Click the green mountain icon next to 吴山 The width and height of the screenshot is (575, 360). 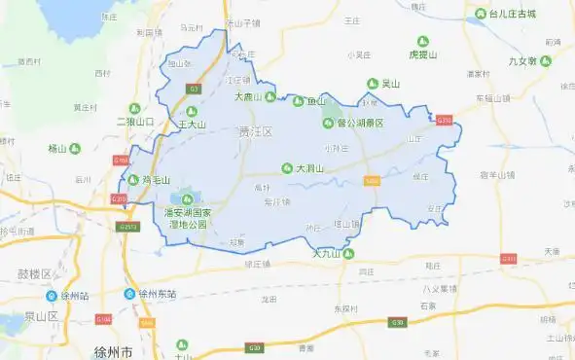370,84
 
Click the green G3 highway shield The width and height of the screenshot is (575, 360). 194,89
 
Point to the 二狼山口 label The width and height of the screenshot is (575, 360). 135,122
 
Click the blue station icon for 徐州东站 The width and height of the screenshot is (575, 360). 130,293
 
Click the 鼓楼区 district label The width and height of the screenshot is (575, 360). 34,273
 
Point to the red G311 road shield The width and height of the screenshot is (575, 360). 509,259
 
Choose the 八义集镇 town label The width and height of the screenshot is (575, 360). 440,288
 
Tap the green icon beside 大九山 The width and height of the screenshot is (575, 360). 348,255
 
